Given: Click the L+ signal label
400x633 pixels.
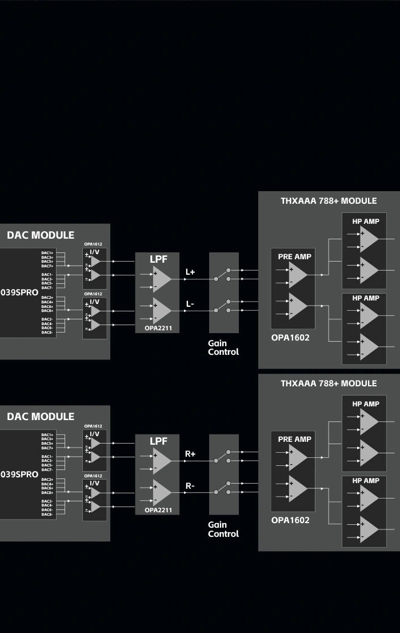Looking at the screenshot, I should pos(190,272).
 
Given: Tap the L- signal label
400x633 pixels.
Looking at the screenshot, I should pos(190,304).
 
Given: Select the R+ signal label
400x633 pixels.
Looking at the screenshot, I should pos(190,454).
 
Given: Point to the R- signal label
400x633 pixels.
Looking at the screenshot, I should pos(190,486).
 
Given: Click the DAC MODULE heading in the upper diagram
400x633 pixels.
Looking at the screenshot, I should pos(41,235).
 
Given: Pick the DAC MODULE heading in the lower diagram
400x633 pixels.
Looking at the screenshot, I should pos(41,417).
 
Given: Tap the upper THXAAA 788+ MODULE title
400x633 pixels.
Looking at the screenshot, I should pos(329,201).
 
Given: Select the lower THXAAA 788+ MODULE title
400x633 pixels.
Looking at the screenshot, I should pos(329,383).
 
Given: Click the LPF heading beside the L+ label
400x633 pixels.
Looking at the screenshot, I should pos(158,259).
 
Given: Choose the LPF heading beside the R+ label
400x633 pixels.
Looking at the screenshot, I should pos(158,441).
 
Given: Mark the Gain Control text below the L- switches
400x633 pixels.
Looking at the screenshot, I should pos(223,347).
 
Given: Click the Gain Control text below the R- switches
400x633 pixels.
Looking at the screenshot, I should pos(223,529).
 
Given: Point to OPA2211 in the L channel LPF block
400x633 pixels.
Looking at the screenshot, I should pos(158,329).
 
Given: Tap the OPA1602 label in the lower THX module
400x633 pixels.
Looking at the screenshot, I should pos(290,520).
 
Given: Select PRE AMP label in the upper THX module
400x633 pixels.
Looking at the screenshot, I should pos(295,257).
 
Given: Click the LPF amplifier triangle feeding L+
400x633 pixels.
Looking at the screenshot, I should pos(161,279).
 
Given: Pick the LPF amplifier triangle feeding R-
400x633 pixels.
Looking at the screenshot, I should pos(161,492).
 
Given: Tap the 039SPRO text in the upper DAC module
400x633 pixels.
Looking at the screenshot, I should pos(19,292).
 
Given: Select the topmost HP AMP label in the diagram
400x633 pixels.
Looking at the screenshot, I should pos(366,221).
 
